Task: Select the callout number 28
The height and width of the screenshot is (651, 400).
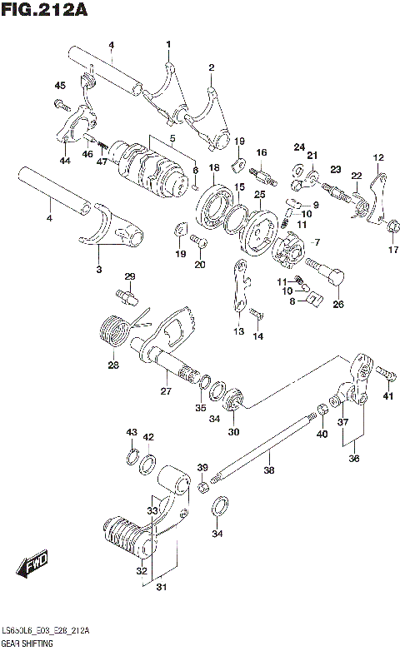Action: [x=112, y=365]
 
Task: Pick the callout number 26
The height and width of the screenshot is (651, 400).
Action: [x=338, y=304]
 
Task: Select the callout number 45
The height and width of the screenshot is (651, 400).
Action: [x=60, y=86]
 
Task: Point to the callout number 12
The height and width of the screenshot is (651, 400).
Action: [x=378, y=157]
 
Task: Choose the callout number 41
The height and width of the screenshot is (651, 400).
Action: [x=387, y=395]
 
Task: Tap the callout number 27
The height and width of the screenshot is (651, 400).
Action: [x=165, y=391]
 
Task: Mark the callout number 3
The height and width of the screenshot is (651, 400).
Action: [x=98, y=270]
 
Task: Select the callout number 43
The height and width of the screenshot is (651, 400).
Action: [x=131, y=432]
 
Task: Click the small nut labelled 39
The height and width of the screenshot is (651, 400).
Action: [x=202, y=486]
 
